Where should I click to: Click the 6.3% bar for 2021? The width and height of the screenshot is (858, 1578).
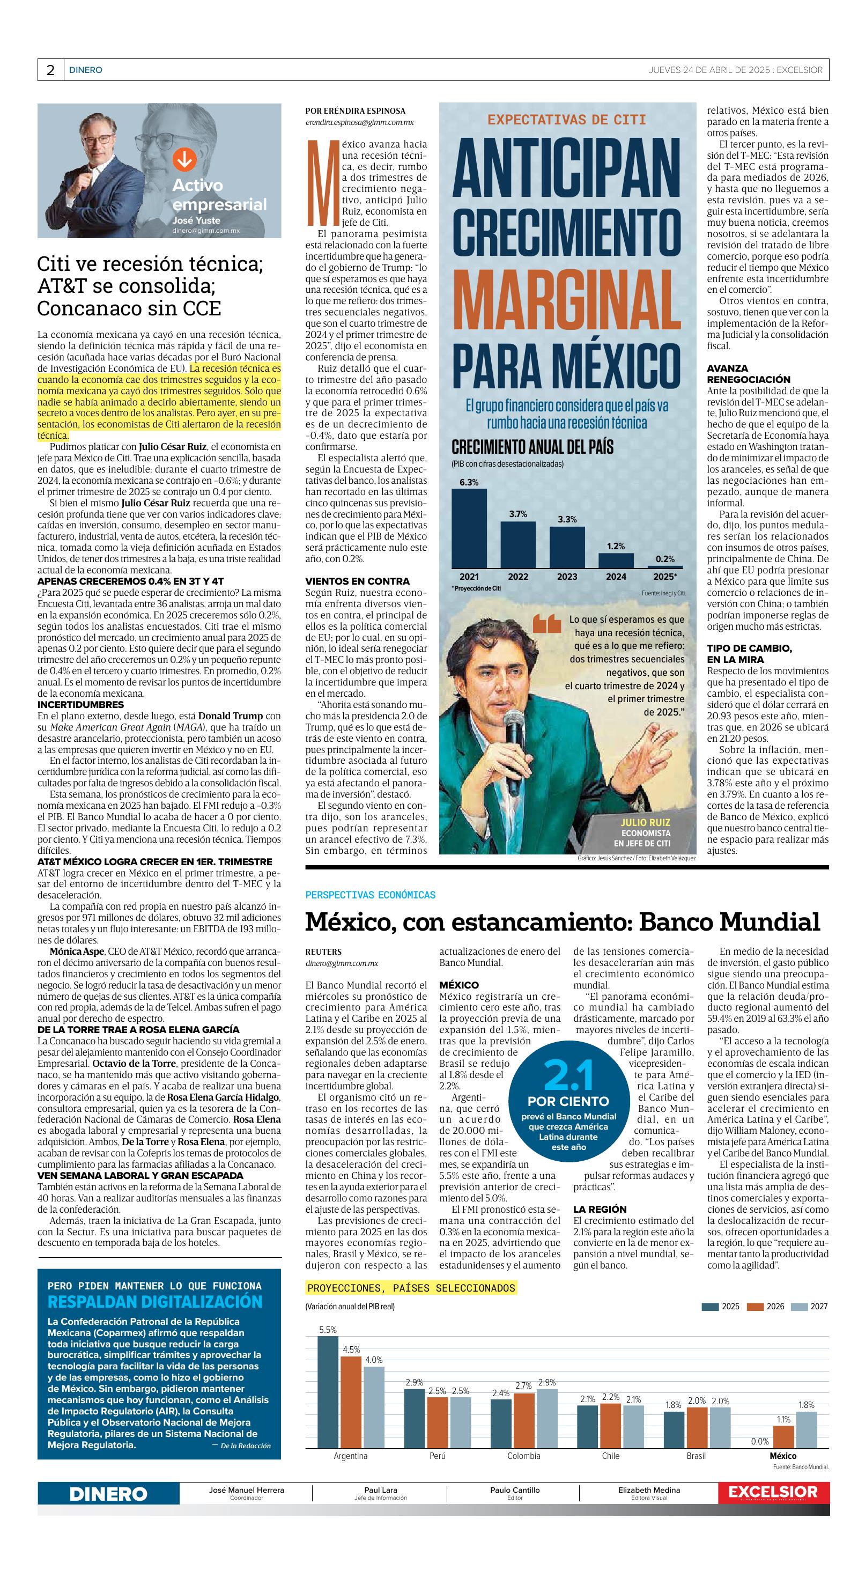(x=469, y=528)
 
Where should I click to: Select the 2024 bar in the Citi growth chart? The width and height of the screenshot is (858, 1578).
(x=616, y=561)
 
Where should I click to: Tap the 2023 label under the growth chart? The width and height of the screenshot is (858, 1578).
(x=566, y=577)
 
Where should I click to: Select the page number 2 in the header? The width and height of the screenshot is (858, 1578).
(x=50, y=70)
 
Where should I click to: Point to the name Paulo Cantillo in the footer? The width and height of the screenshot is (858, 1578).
(x=514, y=1490)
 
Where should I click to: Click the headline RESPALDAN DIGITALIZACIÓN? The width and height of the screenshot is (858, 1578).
(x=155, y=1302)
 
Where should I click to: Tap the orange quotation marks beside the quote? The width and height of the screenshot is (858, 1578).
(x=547, y=624)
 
